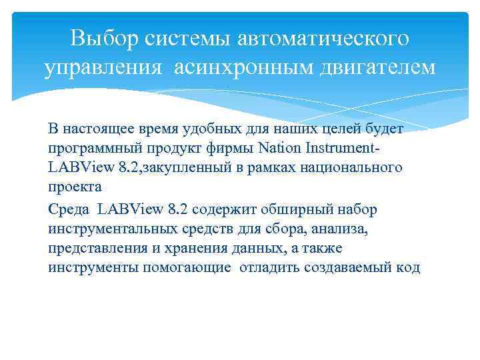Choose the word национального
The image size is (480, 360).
pos(353,167)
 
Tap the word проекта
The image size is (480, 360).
pos(74,187)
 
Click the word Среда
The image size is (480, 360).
pos(69,210)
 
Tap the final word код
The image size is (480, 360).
pos(408,268)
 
